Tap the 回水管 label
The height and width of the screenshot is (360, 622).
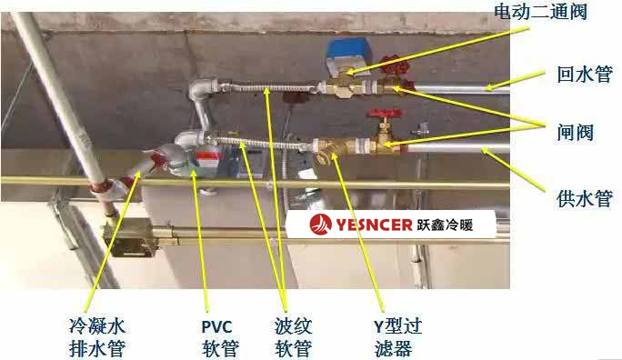click(582, 76)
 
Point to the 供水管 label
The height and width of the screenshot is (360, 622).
click(583, 197)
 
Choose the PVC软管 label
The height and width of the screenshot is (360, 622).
click(217, 335)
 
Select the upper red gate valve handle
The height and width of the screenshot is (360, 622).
click(392, 65)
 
